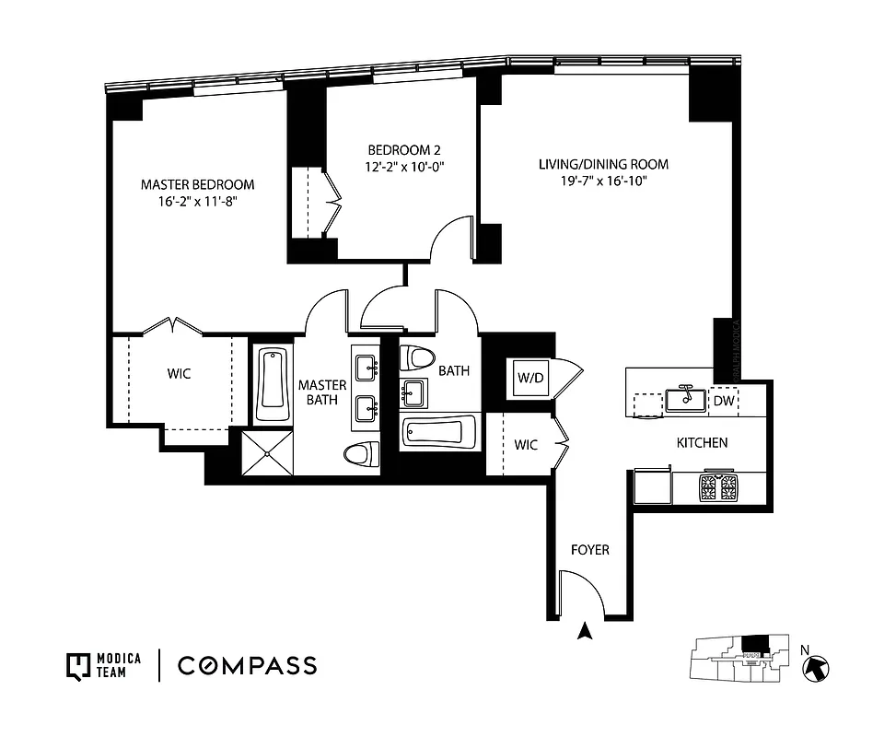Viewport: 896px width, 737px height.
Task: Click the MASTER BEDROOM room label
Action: tap(197, 184)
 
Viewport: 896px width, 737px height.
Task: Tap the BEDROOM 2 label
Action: tap(405, 149)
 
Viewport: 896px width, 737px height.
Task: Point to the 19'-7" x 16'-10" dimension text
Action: tap(603, 181)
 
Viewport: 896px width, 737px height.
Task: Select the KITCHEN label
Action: tap(702, 443)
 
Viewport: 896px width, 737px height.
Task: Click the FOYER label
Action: tap(589, 550)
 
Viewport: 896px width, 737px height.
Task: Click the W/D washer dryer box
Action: tap(531, 378)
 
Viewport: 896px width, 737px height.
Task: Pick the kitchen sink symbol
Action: tap(686, 398)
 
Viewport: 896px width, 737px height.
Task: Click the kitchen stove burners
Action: tap(719, 486)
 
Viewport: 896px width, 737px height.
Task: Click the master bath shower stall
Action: tap(267, 452)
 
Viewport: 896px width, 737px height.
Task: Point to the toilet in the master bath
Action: tap(361, 453)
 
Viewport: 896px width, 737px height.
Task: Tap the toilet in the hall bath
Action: tap(421, 358)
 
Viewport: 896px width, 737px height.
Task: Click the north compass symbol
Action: tap(817, 668)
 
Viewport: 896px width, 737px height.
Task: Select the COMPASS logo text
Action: tap(247, 665)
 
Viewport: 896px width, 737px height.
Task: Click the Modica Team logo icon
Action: tap(76, 665)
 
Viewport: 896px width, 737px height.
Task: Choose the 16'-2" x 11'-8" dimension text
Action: tap(197, 202)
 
